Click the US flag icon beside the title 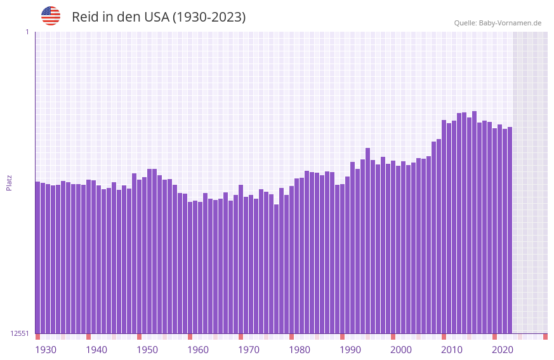tap(51, 16)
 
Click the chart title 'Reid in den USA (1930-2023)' tap(159, 17)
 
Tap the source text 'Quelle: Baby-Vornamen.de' tap(498, 23)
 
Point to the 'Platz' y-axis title tap(9, 183)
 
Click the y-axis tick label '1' tap(27, 32)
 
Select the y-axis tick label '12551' tap(20, 333)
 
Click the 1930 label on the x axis tap(46, 350)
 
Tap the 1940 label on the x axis tap(96, 350)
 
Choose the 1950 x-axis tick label tap(147, 350)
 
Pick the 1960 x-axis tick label tap(198, 350)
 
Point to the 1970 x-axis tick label tap(249, 350)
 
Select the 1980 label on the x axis tap(300, 350)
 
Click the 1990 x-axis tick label tap(350, 350)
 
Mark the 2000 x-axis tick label tap(401, 350)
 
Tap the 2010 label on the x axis tap(452, 350)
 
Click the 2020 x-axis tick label tap(503, 350)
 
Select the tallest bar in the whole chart tap(474, 222)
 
